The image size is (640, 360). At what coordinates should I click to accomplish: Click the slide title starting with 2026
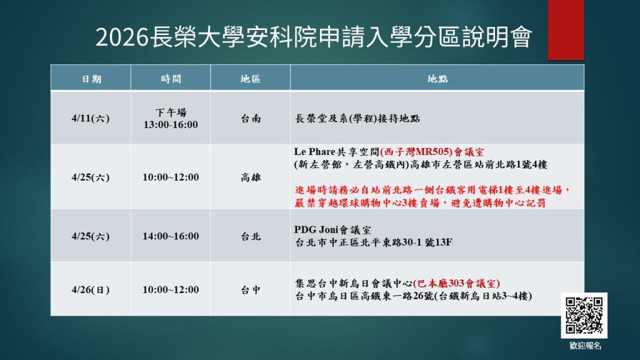click(314, 37)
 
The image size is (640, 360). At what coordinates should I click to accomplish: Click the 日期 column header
click(91, 79)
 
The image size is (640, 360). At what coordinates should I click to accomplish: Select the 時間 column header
click(171, 79)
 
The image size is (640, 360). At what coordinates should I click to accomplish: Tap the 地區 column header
click(250, 79)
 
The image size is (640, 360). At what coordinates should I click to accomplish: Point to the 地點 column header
click(437, 79)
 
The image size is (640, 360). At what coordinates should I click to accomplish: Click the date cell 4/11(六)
click(91, 118)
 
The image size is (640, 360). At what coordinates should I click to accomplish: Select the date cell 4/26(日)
click(91, 289)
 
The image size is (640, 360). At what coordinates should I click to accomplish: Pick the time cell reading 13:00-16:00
click(171, 124)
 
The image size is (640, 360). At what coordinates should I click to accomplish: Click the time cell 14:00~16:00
click(171, 236)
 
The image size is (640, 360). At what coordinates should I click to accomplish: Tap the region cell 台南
click(251, 118)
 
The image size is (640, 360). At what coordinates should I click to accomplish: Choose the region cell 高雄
click(251, 177)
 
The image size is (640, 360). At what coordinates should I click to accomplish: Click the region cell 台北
click(251, 236)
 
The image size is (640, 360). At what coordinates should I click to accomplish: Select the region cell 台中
click(251, 289)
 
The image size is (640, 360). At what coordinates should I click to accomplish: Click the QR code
click(584, 315)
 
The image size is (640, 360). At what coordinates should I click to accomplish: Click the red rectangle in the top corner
click(566, 29)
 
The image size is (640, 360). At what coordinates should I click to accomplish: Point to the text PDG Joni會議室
click(330, 229)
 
